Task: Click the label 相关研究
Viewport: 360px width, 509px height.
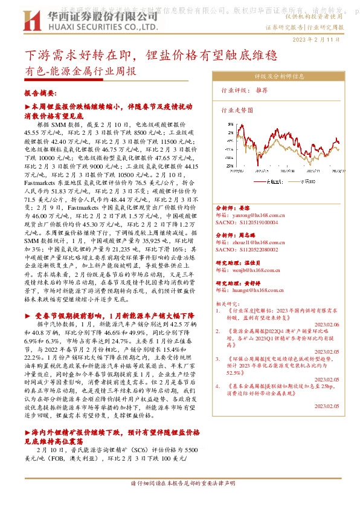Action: pyautogui.click(x=227, y=303)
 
